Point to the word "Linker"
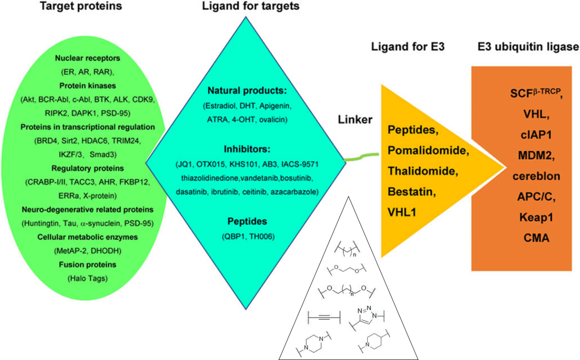click(x=355, y=120)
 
